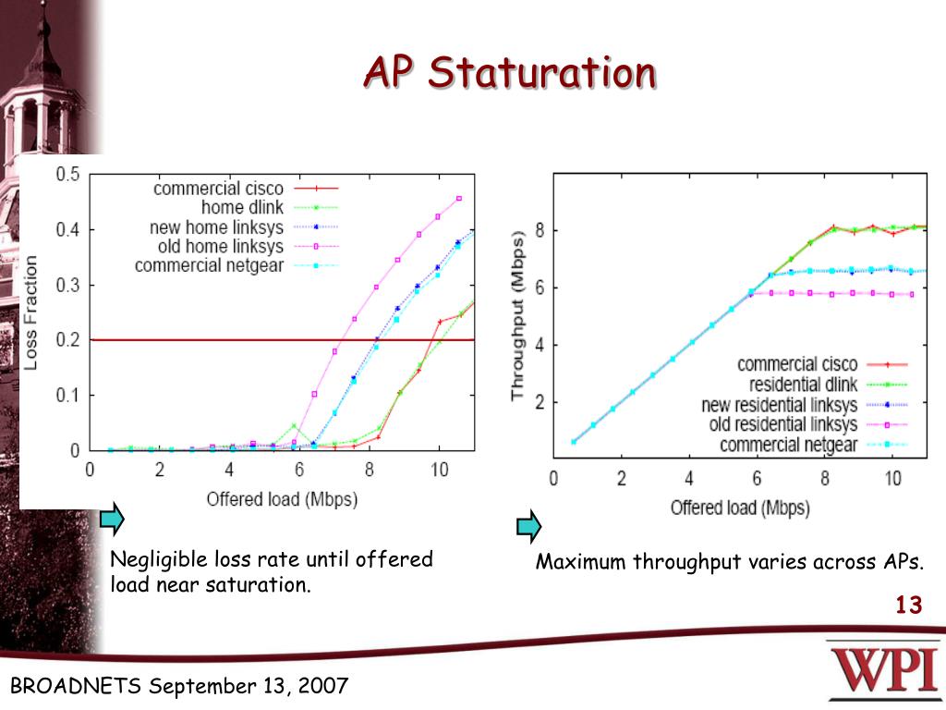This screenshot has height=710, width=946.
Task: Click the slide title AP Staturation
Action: tap(509, 73)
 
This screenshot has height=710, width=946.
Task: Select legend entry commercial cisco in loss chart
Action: tap(218, 189)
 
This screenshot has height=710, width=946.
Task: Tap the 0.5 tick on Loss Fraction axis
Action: tap(67, 174)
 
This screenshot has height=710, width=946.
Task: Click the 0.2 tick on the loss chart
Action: tap(67, 340)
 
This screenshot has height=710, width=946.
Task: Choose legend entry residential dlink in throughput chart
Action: tap(798, 385)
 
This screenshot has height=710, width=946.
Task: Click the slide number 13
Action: tap(908, 606)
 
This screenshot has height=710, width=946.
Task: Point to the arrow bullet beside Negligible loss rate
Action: tap(112, 520)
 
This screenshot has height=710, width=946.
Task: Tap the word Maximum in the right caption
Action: tap(582, 562)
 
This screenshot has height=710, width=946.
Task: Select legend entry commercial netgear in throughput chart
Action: tap(788, 446)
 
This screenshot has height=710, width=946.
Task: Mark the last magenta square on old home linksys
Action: tap(459, 199)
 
